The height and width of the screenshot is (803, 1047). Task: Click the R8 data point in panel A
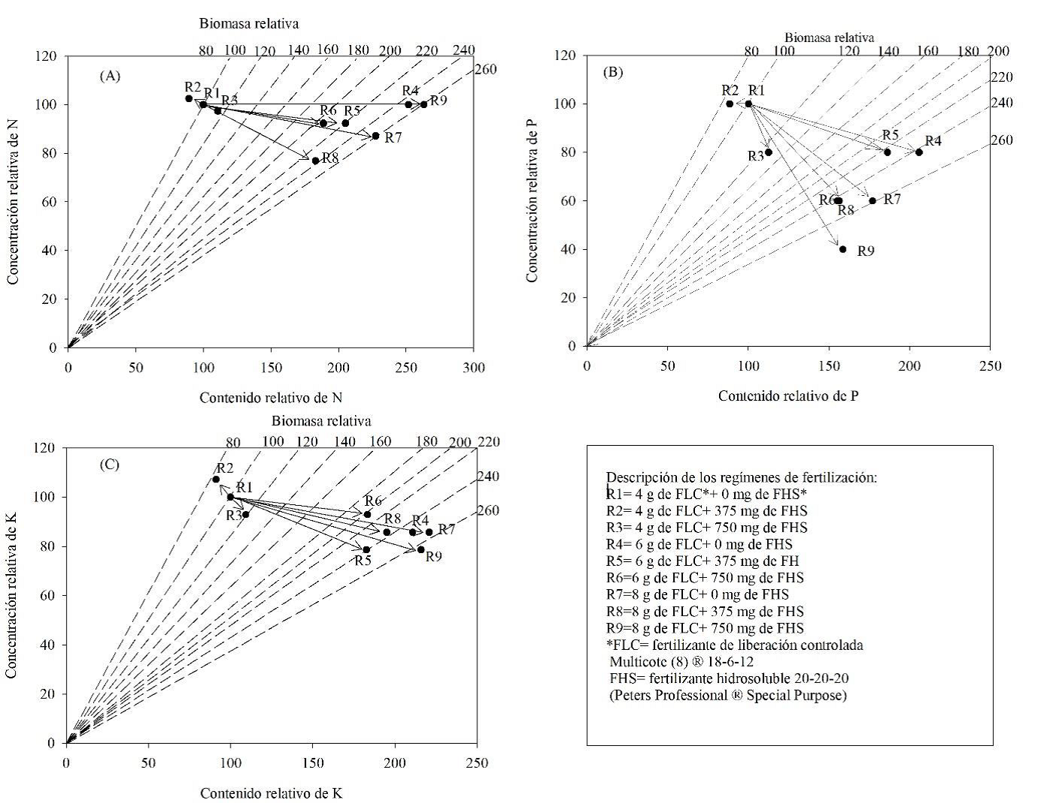click(x=315, y=161)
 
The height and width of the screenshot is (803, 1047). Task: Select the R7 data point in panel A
click(x=375, y=136)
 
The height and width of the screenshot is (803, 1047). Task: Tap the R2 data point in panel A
click(x=188, y=98)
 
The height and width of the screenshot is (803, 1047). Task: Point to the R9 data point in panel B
click(x=843, y=249)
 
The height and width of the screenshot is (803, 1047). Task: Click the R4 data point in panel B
click(x=919, y=152)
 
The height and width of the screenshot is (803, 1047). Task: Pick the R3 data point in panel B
click(x=768, y=152)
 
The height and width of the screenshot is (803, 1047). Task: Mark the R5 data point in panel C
click(x=366, y=549)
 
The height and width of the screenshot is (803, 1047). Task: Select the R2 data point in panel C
click(x=216, y=480)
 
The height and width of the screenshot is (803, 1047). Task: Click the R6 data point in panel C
click(x=367, y=515)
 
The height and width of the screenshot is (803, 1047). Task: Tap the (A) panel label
click(x=110, y=75)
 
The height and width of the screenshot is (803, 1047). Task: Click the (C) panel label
click(x=110, y=465)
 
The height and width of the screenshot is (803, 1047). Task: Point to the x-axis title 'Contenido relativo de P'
click(x=788, y=395)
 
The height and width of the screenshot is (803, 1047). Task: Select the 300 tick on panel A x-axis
click(x=474, y=368)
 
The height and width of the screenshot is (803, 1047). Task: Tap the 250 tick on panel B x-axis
click(x=990, y=365)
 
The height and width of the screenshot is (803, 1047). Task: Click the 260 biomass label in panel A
click(x=486, y=70)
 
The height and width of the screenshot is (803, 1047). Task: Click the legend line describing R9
click(x=705, y=628)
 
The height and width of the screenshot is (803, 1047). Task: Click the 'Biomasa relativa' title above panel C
click(x=321, y=420)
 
